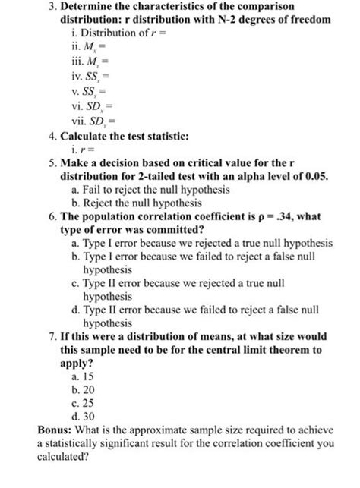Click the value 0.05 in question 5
(314, 176)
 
